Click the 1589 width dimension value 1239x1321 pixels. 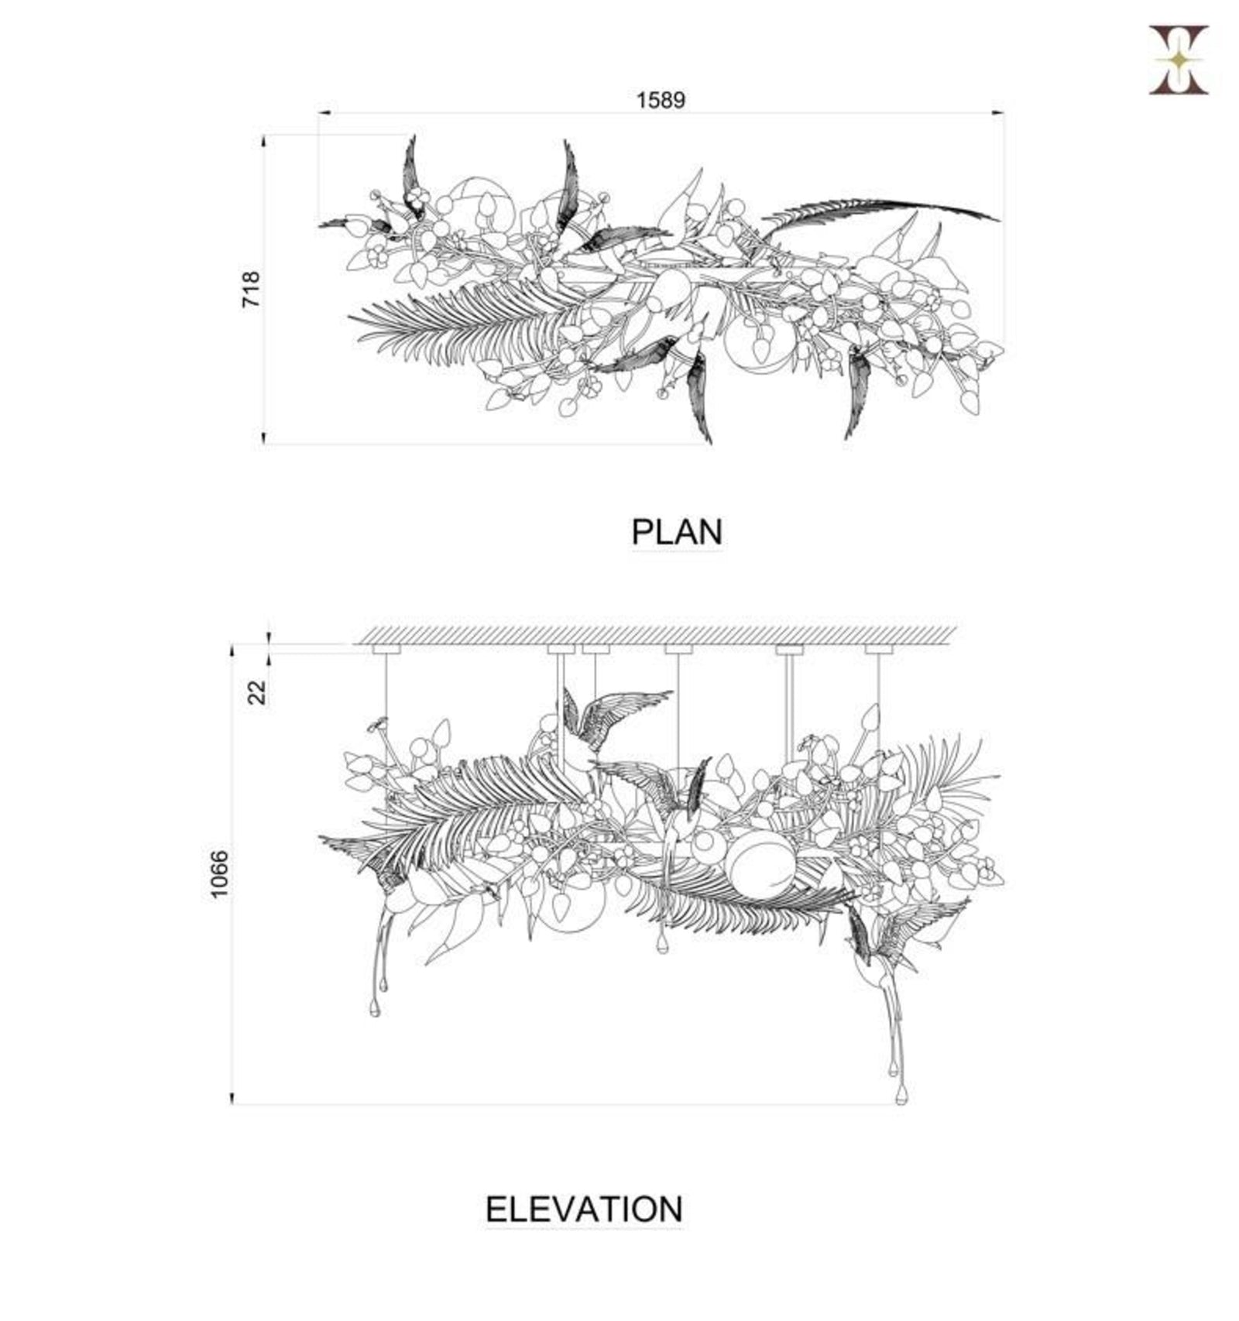(x=661, y=101)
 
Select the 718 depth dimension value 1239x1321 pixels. (x=252, y=289)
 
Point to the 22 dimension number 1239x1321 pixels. (x=256, y=691)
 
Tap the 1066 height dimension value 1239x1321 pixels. (x=220, y=874)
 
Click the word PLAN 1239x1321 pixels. (x=677, y=532)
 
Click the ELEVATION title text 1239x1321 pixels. (x=584, y=1209)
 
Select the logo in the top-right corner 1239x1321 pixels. (x=1178, y=60)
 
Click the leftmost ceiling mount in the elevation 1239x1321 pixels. (x=386, y=649)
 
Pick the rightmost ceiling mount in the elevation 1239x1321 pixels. (x=878, y=649)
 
